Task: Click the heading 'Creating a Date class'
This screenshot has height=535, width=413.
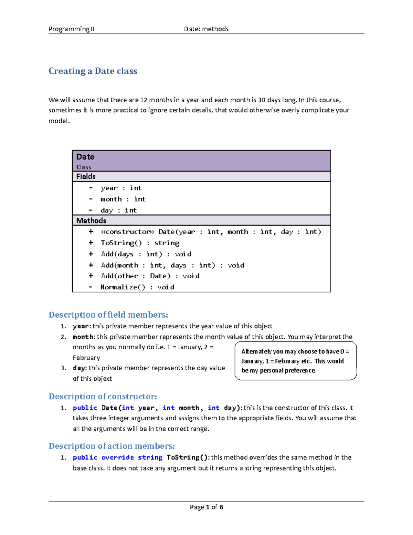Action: (93, 71)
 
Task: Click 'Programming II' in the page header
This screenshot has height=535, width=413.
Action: (71, 29)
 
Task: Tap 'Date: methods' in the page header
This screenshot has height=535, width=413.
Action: (206, 29)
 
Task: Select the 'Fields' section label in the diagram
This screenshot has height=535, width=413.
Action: (86, 176)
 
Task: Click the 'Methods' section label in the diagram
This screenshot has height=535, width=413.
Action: (91, 220)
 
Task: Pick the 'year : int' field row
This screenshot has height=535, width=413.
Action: (121, 188)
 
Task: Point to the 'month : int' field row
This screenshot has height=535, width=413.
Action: (123, 199)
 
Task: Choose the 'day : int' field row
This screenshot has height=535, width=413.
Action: (118, 210)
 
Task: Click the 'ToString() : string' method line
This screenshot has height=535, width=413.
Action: (140, 243)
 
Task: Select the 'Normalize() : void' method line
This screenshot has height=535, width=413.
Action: (137, 287)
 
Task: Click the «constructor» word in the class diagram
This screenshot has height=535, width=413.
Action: (127, 232)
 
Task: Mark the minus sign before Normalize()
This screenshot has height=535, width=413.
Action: (91, 287)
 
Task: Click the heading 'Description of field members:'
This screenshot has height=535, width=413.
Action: (108, 315)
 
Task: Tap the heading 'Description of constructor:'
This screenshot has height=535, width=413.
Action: (103, 396)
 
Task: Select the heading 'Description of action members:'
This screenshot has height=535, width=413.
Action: (112, 446)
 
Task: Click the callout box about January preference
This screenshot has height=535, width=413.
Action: (295, 361)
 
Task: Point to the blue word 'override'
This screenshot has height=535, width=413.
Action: (118, 457)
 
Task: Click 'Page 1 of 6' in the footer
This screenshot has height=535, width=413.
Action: (206, 507)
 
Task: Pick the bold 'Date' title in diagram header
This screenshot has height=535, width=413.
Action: (85, 157)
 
